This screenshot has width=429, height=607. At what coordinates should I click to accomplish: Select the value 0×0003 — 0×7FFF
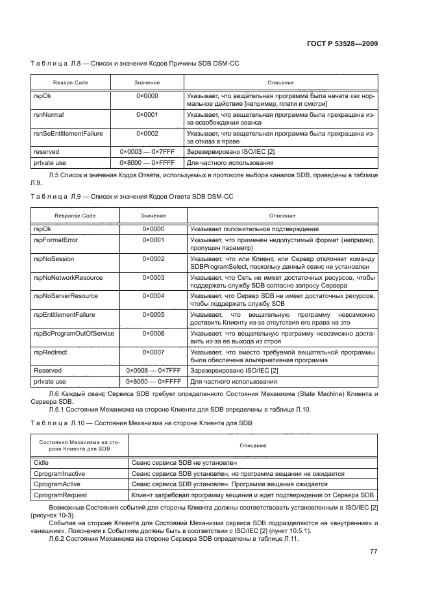[147, 151]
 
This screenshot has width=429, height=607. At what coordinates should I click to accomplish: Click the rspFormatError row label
[56, 240]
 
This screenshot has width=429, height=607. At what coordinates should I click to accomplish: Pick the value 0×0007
[153, 352]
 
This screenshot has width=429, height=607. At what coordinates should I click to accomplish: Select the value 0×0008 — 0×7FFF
[153, 370]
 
